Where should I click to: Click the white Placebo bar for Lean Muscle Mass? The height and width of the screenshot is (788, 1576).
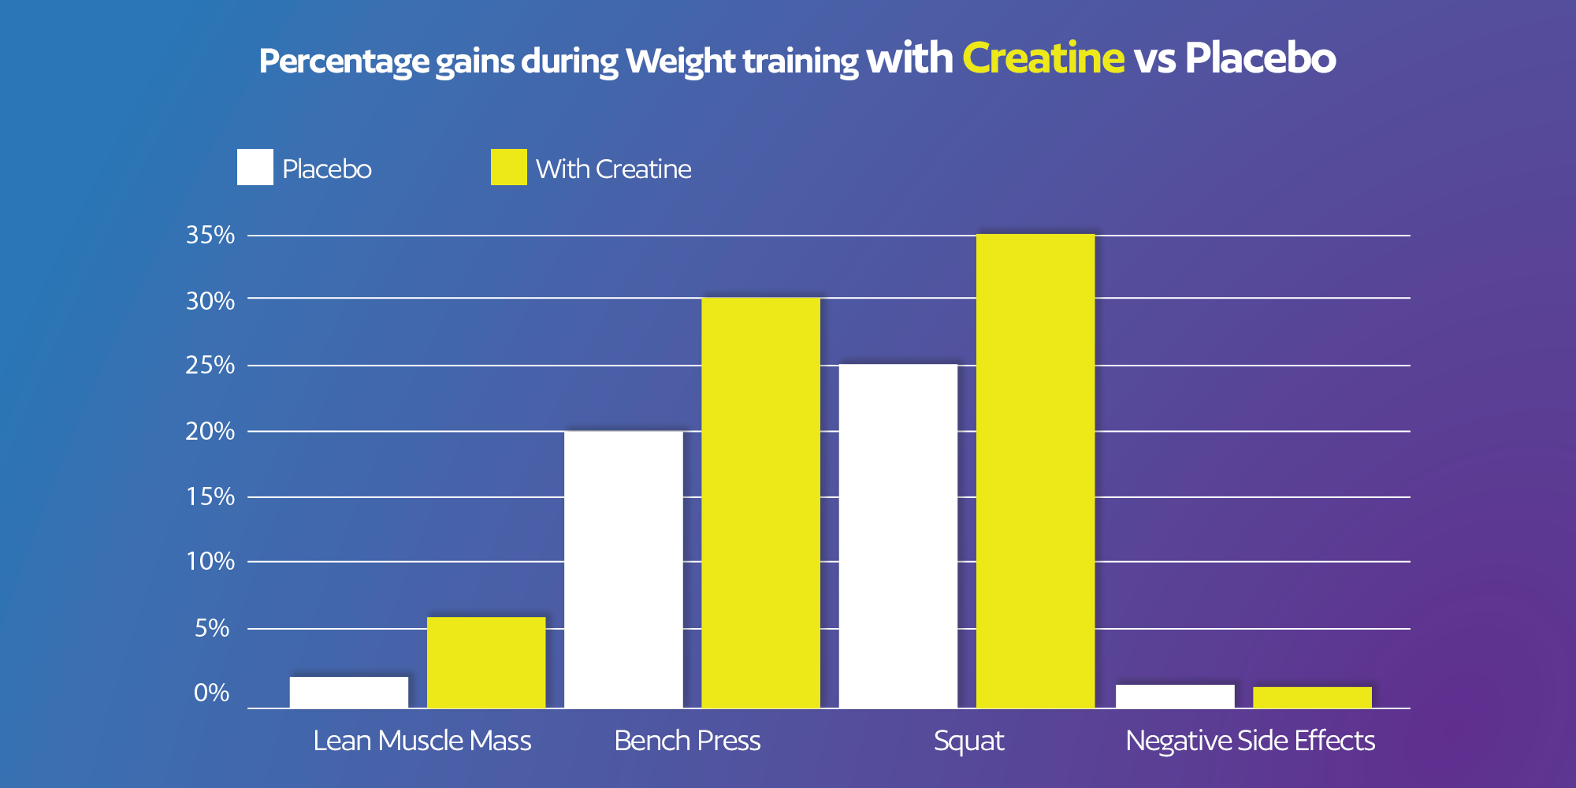click(x=349, y=692)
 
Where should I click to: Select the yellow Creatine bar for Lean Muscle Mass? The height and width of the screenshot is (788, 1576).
click(x=486, y=662)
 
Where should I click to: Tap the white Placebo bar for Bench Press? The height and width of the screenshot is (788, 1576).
click(x=623, y=569)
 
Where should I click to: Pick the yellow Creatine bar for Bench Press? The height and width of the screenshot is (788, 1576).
click(x=760, y=503)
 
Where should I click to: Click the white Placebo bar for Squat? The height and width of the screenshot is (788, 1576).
click(x=898, y=536)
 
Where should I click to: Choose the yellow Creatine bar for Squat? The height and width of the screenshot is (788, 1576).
click(x=1035, y=471)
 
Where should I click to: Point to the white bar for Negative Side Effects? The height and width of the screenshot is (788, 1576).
click(x=1175, y=696)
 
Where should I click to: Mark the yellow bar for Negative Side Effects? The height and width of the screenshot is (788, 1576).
click(x=1312, y=697)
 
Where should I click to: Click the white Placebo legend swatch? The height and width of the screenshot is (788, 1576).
click(x=255, y=167)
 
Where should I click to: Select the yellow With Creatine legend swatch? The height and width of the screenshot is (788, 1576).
click(x=508, y=167)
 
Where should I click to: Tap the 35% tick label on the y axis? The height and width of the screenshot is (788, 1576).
click(x=210, y=235)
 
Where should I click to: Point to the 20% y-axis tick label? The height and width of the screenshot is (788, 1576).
click(x=210, y=431)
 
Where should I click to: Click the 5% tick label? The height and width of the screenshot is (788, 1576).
click(x=212, y=628)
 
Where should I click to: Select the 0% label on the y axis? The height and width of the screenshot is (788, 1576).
click(x=211, y=693)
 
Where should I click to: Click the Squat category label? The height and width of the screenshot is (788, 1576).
click(x=968, y=741)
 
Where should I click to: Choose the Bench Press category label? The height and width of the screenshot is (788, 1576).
click(x=687, y=741)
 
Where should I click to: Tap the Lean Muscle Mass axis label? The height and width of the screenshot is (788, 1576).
click(x=422, y=741)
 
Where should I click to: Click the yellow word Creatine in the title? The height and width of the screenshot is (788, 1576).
click(x=1043, y=58)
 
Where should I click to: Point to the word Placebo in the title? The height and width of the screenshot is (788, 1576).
click(x=1260, y=58)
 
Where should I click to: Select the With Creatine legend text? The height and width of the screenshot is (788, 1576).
click(x=613, y=169)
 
